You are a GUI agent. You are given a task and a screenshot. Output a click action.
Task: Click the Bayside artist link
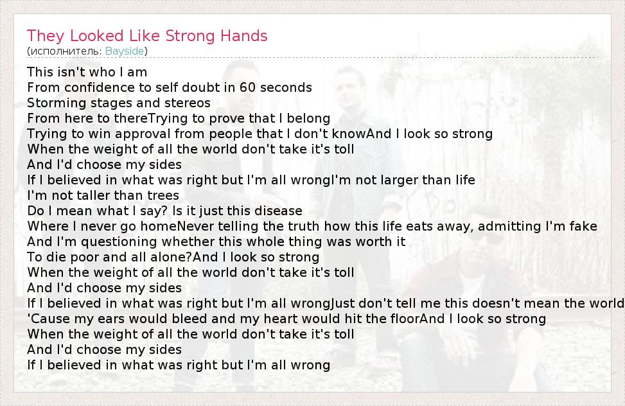pyautogui.click(x=125, y=51)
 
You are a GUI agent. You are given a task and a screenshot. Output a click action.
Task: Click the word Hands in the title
pyautogui.click(x=243, y=36)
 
